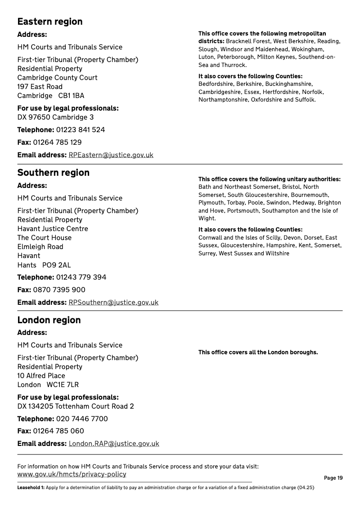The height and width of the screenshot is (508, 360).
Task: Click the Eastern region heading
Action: (x=50, y=22)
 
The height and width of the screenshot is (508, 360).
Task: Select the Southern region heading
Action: (x=53, y=173)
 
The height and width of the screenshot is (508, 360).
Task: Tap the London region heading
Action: (x=49, y=320)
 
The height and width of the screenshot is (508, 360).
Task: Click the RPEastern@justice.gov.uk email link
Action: (x=111, y=155)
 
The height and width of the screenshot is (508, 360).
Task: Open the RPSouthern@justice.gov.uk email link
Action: (x=113, y=303)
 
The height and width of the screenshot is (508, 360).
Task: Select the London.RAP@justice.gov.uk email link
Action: (x=114, y=444)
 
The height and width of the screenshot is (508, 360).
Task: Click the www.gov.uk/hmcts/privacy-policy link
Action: (x=72, y=474)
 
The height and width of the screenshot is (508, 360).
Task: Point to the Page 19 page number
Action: (x=333, y=478)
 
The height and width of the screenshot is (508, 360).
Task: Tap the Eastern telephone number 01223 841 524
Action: (x=81, y=130)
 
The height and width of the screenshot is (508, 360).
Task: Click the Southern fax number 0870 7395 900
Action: (x=59, y=290)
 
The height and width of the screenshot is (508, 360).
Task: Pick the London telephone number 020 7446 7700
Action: (x=82, y=419)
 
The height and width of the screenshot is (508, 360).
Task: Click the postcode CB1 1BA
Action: (x=71, y=96)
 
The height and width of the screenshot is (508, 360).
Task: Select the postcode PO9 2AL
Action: (x=56, y=265)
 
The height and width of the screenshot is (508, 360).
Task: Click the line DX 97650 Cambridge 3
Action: (x=55, y=117)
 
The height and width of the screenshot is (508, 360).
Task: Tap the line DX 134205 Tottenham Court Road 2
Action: (x=76, y=406)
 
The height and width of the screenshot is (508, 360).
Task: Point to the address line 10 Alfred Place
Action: (x=41, y=376)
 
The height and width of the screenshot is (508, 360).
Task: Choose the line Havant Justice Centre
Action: (x=53, y=229)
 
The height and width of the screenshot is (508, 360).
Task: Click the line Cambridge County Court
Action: (x=57, y=78)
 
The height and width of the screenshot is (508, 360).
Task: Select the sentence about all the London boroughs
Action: (x=258, y=352)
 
